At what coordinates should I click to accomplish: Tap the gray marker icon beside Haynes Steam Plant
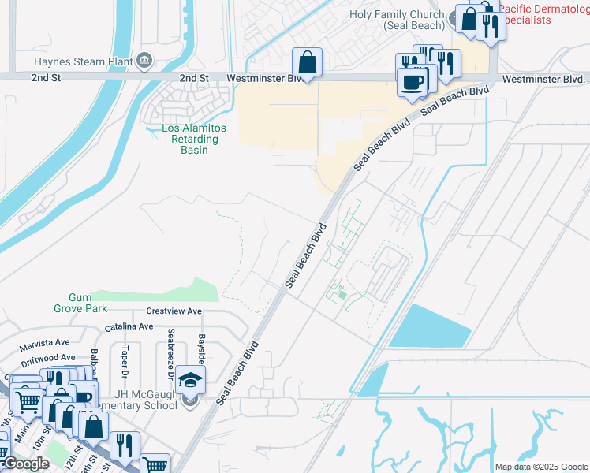tap(144, 60)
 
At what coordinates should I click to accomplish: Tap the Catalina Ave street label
tap(129, 326)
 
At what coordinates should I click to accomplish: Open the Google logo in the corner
tap(26, 464)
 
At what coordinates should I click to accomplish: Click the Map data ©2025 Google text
tap(541, 467)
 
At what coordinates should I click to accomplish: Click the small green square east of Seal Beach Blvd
tap(342, 296)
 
